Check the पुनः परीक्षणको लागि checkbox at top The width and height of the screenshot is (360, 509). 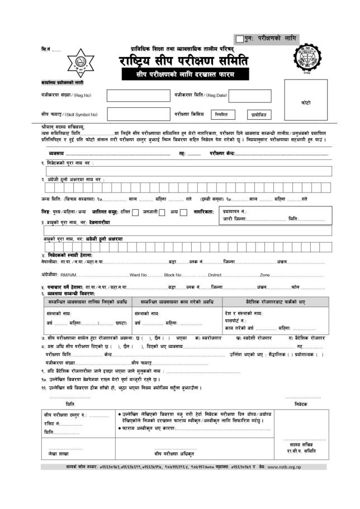[x=239, y=39]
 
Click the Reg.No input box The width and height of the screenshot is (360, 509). [x=135, y=96]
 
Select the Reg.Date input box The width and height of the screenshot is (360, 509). [x=235, y=96]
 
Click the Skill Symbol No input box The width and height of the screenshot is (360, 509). [x=135, y=114]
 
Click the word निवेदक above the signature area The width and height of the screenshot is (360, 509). [x=301, y=403]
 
